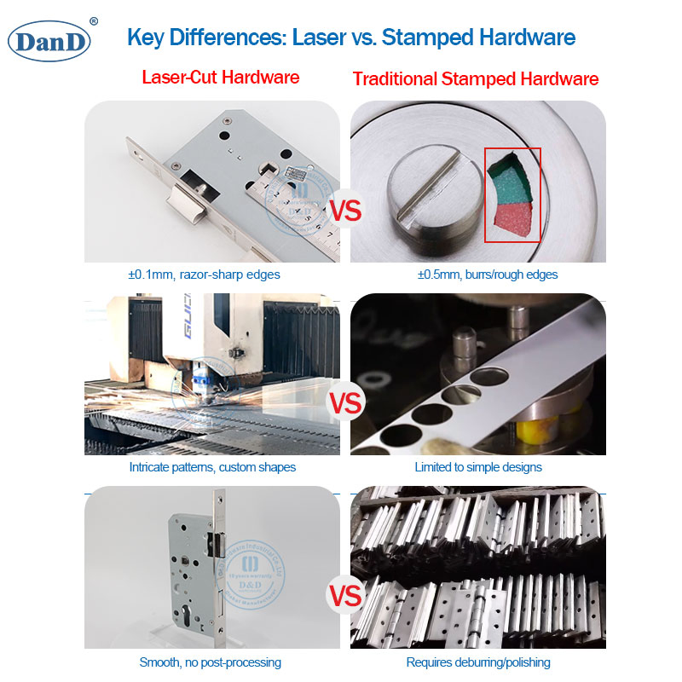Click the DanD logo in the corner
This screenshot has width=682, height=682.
click(49, 41)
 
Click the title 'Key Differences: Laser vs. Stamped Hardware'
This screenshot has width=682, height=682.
click(350, 38)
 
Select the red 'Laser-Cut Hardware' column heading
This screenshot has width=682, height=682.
click(220, 78)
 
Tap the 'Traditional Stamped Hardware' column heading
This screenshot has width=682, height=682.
click(475, 79)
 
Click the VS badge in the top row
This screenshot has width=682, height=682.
click(345, 210)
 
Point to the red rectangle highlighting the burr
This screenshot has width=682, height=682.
click(512, 195)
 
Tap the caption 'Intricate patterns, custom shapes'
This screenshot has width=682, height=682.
click(211, 467)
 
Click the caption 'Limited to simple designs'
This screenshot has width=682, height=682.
click(477, 467)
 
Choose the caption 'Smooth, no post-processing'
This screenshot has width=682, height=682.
click(210, 662)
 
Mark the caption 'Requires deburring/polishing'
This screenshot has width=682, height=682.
click(477, 662)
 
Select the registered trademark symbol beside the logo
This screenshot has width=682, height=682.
click(94, 21)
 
